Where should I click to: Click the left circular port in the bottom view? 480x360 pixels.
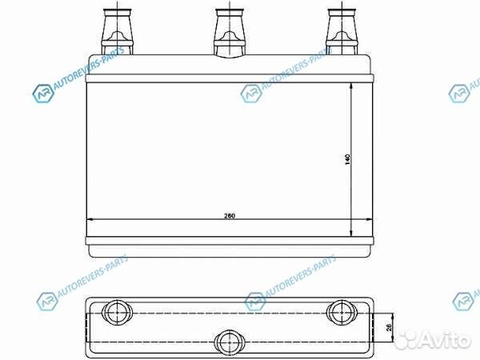tap(117, 311)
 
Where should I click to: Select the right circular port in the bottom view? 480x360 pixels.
tap(340, 311)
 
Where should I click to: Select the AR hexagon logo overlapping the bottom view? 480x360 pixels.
tap(255, 302)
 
